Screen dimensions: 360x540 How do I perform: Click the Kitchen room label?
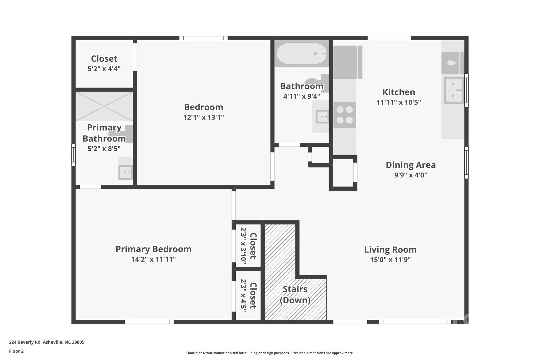pyautogui.click(x=398, y=92)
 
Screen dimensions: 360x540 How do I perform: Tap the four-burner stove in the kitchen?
pyautogui.click(x=345, y=115)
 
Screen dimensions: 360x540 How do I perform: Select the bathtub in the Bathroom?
pyautogui.click(x=302, y=54)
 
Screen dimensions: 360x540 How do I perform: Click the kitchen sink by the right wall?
pyautogui.click(x=454, y=90)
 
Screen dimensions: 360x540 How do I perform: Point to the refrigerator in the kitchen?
pyautogui.click(x=347, y=62)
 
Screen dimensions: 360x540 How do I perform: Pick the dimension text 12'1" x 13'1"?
pyautogui.click(x=204, y=117)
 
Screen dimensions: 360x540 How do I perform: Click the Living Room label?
pyautogui.click(x=390, y=249)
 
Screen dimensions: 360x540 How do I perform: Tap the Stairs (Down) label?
pyautogui.click(x=295, y=295)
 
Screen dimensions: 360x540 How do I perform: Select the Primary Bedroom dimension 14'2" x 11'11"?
pyautogui.click(x=153, y=259)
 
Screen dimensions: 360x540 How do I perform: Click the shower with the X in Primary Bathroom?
pyautogui.click(x=104, y=106)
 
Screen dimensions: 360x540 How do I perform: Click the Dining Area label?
pyautogui.click(x=411, y=165)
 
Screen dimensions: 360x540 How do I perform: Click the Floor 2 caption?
pyautogui.click(x=16, y=351)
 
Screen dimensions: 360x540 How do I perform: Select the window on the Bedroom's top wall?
pyautogui.click(x=203, y=38)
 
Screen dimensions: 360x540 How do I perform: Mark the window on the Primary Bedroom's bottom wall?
pyautogui.click(x=149, y=322)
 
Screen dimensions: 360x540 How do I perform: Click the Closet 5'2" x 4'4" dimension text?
pyautogui.click(x=104, y=69)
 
